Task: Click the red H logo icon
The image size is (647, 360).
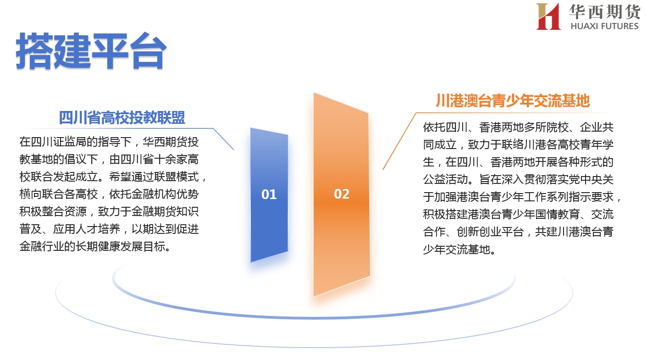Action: tap(548, 17)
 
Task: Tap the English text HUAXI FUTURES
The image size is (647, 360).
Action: tap(604, 26)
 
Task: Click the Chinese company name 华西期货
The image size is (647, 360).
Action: tap(604, 11)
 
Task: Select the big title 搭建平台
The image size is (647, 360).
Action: tap(91, 51)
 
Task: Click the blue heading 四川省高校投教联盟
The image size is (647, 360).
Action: tap(122, 117)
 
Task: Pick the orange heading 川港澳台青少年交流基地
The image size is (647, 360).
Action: tap(513, 100)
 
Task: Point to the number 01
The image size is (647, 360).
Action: tap(269, 194)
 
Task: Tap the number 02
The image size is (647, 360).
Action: tap(342, 194)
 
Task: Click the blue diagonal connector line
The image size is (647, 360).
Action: tap(223, 139)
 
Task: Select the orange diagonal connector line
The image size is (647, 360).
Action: tap(399, 141)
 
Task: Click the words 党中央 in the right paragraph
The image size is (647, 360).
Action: tap(585, 179)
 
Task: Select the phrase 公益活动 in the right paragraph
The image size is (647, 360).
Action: tap(445, 179)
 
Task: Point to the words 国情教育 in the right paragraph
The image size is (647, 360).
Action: tap(558, 214)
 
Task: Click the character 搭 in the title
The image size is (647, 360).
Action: tap(34, 51)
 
